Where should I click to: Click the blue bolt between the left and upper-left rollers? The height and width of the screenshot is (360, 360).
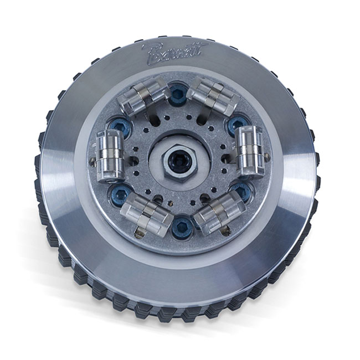(119, 127)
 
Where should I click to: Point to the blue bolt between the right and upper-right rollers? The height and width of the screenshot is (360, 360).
(238, 125)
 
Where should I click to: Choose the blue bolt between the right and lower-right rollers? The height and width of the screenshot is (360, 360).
(241, 191)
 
